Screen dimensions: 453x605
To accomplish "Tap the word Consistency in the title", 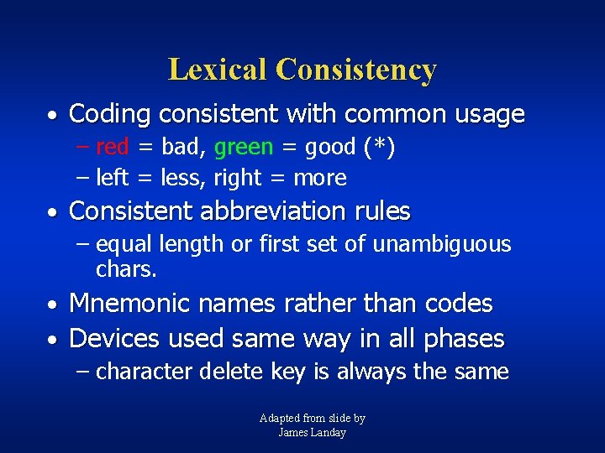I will [355, 69].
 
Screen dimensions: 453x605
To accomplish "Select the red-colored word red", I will [113, 148].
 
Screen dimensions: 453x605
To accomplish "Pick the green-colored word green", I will [244, 148].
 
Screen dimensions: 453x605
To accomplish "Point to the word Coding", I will [111, 114].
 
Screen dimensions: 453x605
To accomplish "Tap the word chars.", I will [126, 269].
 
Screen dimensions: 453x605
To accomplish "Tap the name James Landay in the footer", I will [312, 432].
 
